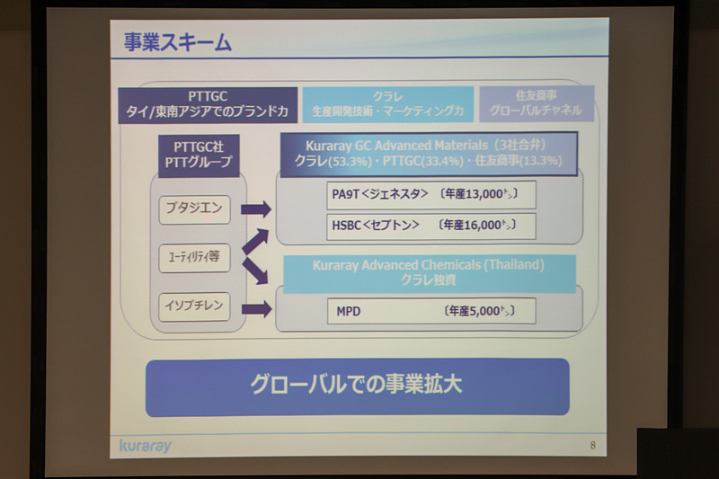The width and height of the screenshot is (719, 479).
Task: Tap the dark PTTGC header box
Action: tap(208, 104)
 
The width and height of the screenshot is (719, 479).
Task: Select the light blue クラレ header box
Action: tap(387, 104)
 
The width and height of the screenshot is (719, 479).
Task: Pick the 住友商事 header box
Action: tap(536, 104)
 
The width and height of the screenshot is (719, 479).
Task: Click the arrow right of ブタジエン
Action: tap(256, 210)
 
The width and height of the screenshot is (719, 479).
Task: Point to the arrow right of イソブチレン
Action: tap(256, 308)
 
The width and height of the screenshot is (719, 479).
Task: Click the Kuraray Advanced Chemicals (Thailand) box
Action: tap(428, 272)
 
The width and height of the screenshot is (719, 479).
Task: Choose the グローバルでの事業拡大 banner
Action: tap(357, 386)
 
